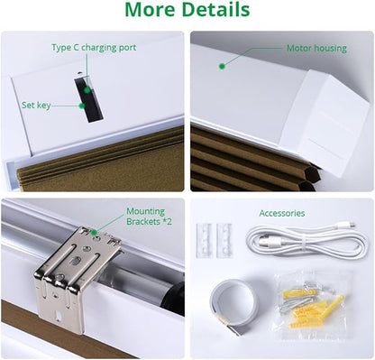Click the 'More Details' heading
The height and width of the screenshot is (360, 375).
[x=187, y=10]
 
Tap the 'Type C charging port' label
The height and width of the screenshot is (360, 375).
[x=94, y=48]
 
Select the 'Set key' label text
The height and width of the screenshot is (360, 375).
[x=36, y=106]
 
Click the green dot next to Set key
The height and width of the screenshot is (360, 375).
[x=82, y=106]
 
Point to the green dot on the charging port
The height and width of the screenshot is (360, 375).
[x=87, y=90]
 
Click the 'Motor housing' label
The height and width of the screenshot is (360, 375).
[x=316, y=48]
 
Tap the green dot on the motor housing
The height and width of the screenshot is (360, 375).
[x=222, y=67]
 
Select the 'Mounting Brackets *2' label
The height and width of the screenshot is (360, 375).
[x=149, y=217]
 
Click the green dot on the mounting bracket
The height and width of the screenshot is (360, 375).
[x=94, y=233]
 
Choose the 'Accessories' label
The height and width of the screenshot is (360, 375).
[x=282, y=213]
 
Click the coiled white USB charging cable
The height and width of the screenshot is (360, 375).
[x=306, y=242]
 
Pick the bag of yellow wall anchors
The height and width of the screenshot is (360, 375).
[x=312, y=305]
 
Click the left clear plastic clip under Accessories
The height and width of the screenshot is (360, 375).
[x=205, y=241]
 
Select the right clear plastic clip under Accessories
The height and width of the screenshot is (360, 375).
[x=224, y=241]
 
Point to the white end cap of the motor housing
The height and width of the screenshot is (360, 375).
[x=325, y=120]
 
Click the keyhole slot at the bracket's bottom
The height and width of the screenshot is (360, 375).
[x=59, y=316]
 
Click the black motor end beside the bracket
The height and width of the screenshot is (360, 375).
[x=172, y=298]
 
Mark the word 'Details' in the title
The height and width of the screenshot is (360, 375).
[x=215, y=10]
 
